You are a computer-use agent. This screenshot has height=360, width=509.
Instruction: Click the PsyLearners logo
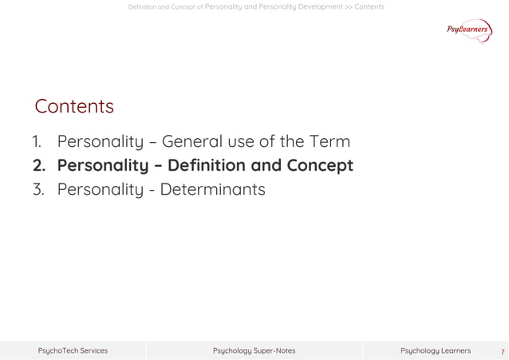coord(469,30)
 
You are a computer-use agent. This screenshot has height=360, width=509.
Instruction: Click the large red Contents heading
coord(74,106)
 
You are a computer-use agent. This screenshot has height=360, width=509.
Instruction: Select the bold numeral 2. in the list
coord(39,166)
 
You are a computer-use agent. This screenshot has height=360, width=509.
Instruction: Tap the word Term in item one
coord(328,142)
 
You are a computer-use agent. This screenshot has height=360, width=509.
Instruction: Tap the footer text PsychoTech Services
coord(73,350)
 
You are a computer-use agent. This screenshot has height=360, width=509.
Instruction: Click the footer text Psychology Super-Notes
coord(254,350)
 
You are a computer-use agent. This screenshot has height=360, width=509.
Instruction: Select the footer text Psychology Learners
coord(435,350)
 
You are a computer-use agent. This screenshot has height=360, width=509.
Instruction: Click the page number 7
coord(502,351)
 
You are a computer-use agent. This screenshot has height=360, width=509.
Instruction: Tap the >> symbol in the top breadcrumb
coord(349,7)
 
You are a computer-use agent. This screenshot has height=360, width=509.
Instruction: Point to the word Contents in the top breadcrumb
coord(369,7)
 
